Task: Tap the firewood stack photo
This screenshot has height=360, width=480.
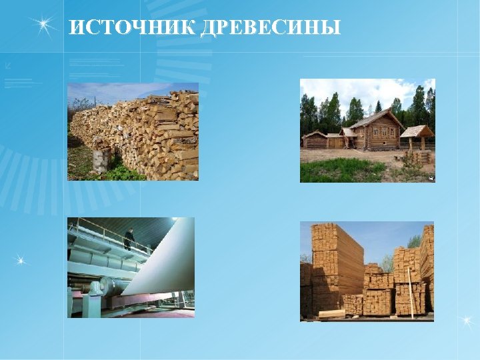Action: click(x=133, y=131)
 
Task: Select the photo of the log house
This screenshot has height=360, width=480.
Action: click(x=367, y=130)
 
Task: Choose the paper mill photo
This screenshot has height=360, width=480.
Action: click(x=131, y=267)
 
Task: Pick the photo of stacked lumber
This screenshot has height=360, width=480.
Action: click(x=367, y=271)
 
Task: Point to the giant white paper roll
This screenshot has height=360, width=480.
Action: click(x=167, y=260)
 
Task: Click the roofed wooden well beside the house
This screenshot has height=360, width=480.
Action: click(x=417, y=140)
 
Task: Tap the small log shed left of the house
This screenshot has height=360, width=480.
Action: click(x=315, y=140)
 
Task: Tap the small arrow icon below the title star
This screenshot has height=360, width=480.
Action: click(x=7, y=65)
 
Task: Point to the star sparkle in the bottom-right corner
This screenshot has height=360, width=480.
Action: click(x=467, y=323)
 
